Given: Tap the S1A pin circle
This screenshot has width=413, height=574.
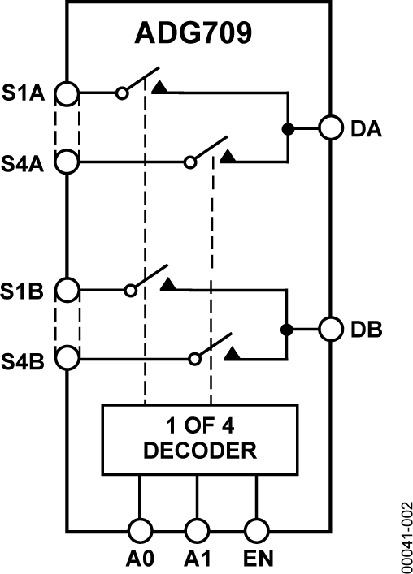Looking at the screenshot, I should click(67, 93).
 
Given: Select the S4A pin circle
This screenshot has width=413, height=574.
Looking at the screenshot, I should click(67, 162).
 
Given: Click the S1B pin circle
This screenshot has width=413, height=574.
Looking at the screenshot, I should click(67, 289).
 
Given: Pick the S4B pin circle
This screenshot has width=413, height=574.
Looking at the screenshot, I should click(67, 357).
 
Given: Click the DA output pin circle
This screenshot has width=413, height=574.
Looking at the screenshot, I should click(330, 128).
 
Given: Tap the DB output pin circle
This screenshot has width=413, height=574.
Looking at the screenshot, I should click(330, 330).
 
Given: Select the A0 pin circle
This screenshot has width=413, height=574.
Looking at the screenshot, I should click(140, 531).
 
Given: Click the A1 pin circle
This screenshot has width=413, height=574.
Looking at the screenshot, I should click(197, 531).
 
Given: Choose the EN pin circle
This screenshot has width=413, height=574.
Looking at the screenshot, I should click(257, 531).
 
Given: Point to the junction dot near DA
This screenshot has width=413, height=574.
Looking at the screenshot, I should click(286, 128).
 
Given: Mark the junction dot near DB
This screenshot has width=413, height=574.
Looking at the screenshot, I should click(286, 330).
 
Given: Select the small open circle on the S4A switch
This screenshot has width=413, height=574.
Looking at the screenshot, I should click(189, 162).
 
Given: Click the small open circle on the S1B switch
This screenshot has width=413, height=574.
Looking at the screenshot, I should click(130, 289).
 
